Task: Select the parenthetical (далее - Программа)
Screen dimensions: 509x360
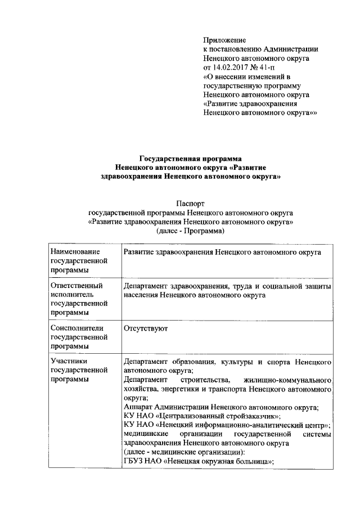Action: tap(191, 231)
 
